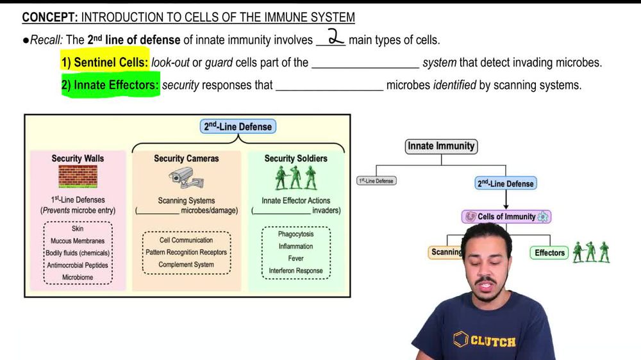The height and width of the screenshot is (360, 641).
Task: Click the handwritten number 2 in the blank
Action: (337, 37)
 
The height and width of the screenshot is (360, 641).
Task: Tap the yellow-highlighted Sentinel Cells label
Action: (105, 63)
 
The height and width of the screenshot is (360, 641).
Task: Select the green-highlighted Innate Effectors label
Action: (110, 85)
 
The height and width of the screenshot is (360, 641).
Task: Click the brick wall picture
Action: (78, 176)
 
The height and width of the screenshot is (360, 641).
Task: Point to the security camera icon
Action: (186, 177)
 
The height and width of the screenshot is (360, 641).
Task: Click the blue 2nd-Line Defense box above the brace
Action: (238, 127)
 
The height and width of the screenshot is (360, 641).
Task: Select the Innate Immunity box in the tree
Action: (442, 146)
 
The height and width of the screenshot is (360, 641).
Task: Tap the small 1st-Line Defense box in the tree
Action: (376, 181)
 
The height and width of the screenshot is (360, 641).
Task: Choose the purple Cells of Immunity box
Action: (506, 217)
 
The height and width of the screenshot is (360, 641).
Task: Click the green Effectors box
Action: (549, 253)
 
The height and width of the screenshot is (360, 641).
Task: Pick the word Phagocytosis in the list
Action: (296, 234)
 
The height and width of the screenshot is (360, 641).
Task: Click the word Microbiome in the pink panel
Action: (78, 277)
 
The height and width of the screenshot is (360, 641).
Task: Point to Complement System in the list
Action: (186, 264)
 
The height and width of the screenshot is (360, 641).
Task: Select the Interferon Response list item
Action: (296, 271)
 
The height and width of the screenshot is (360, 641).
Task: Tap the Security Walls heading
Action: (78, 158)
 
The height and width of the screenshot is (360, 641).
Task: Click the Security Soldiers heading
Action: (296, 158)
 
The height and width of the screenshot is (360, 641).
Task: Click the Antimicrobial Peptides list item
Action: (78, 265)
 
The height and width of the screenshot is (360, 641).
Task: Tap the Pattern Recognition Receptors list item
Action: (186, 252)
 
